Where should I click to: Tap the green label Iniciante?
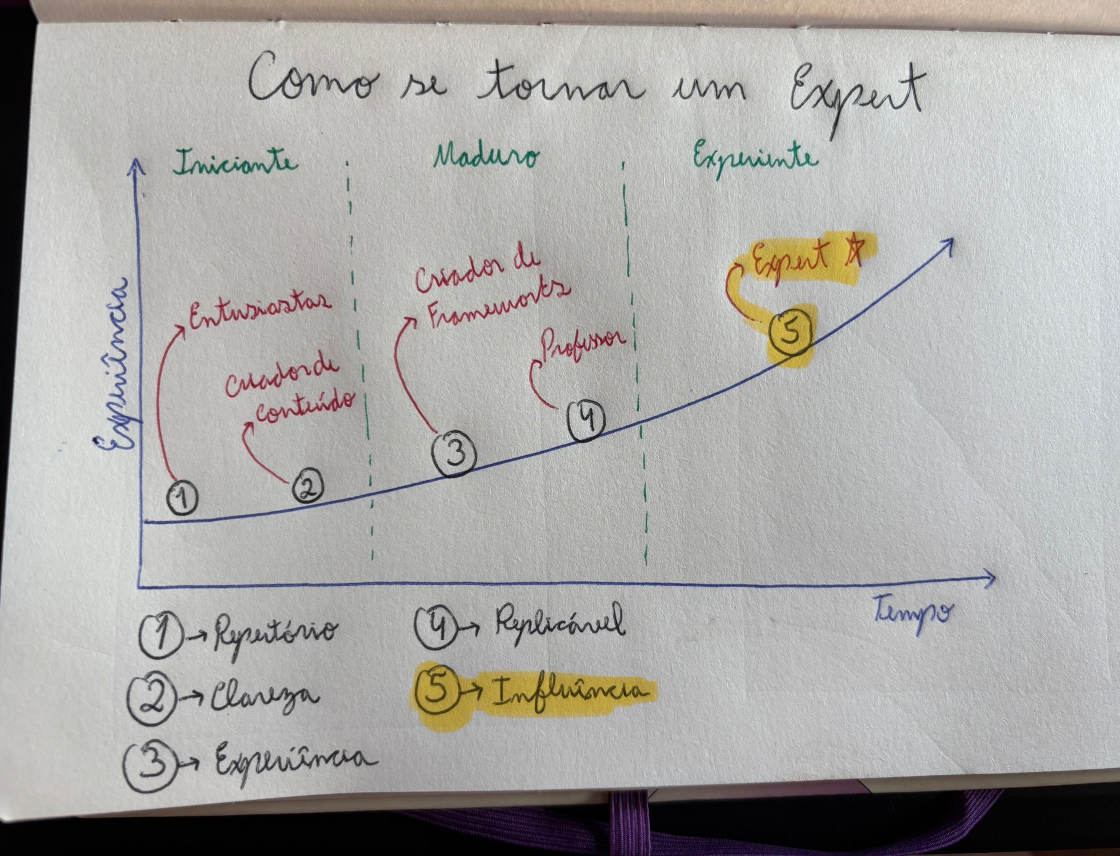coord(236,162)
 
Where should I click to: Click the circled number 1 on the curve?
coord(182,497)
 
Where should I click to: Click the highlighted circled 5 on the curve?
coord(790,334)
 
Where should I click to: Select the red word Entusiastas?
coord(258,312)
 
